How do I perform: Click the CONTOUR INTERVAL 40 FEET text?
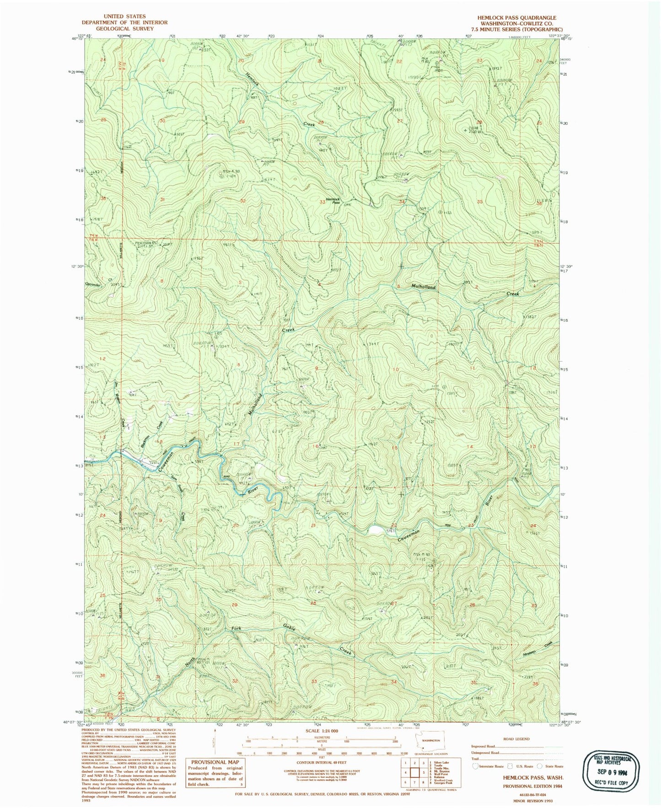[x=322, y=762]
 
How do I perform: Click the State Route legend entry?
[x=553, y=766]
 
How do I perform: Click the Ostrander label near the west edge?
[x=93, y=284]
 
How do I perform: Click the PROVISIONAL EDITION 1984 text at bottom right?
[x=532, y=786]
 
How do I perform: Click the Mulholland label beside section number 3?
[x=423, y=287]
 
